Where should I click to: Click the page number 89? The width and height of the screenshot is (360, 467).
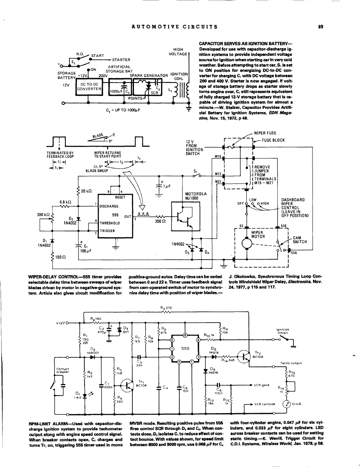click(320, 27)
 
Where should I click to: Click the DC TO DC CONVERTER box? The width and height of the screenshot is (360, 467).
click(90, 86)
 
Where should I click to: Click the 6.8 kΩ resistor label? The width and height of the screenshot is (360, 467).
click(65, 201)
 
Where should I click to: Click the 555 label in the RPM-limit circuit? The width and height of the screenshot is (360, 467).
click(185, 348)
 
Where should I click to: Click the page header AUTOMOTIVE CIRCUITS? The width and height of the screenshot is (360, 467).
click(174, 27)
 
